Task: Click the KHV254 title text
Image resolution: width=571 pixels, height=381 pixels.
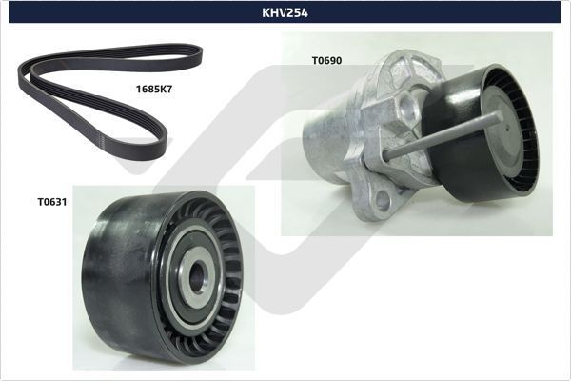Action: [285, 13]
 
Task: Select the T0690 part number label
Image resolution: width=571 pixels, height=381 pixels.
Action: [326, 60]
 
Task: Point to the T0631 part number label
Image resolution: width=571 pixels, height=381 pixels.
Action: [51, 202]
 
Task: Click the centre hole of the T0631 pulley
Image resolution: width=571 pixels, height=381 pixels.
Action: [196, 277]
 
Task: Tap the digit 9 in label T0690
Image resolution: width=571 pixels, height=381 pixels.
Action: [334, 60]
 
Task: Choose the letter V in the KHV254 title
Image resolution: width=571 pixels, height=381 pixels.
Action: [283, 13]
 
